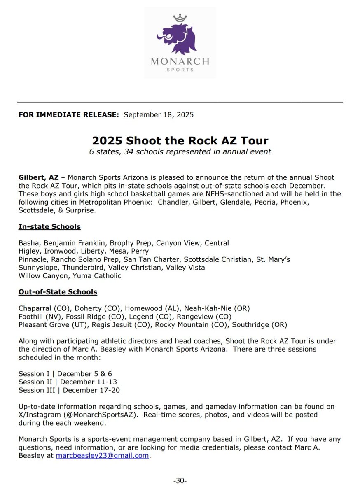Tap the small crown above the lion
179,18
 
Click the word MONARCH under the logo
180,62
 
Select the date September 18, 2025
159,114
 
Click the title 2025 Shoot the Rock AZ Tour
180,141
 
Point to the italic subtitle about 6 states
180,152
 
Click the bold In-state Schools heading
49,227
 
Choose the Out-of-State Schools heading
58,292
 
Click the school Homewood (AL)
152,308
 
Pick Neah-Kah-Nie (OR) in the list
217,308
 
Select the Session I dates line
65,374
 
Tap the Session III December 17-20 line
69,390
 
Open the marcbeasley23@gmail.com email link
102,456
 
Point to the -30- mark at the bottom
180,480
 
